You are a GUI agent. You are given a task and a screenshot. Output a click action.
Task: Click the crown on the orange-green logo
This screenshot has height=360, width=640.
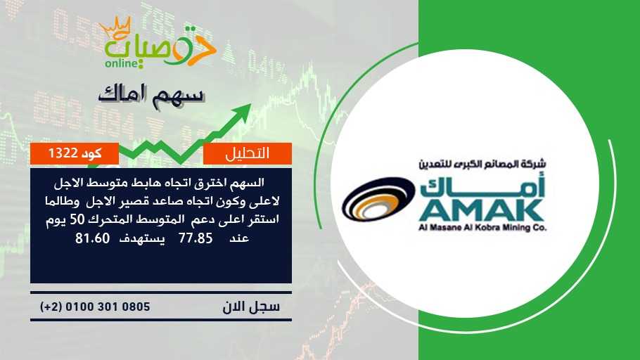(115, 27)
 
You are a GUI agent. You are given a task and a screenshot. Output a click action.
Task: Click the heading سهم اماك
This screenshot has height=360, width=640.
(151, 95)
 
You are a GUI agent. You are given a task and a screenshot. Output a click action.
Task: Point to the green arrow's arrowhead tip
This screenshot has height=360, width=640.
(251, 104)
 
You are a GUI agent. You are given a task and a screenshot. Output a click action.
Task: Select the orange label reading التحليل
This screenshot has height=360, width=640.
(248, 153)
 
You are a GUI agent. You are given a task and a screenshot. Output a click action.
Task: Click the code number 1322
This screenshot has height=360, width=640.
(63, 153)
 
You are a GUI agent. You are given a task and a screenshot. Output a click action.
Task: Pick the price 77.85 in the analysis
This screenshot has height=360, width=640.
(196, 238)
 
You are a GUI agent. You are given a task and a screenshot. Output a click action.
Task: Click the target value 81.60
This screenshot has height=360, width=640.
(93, 238)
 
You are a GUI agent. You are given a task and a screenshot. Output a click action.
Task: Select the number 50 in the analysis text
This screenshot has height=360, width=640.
(77, 219)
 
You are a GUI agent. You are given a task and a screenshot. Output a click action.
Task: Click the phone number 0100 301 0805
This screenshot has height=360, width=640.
(108, 307)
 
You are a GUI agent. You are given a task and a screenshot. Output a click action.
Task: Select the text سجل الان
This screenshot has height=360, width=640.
(251, 307)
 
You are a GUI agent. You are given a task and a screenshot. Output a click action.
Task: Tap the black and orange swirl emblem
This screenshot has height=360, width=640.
(378, 199)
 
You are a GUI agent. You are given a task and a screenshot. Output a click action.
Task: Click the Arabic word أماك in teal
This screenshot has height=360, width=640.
(482, 185)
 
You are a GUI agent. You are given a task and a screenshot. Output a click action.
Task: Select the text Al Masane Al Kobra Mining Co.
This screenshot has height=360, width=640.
(482, 228)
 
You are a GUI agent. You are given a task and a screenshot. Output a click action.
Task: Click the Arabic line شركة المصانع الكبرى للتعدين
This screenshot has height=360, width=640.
(482, 164)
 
